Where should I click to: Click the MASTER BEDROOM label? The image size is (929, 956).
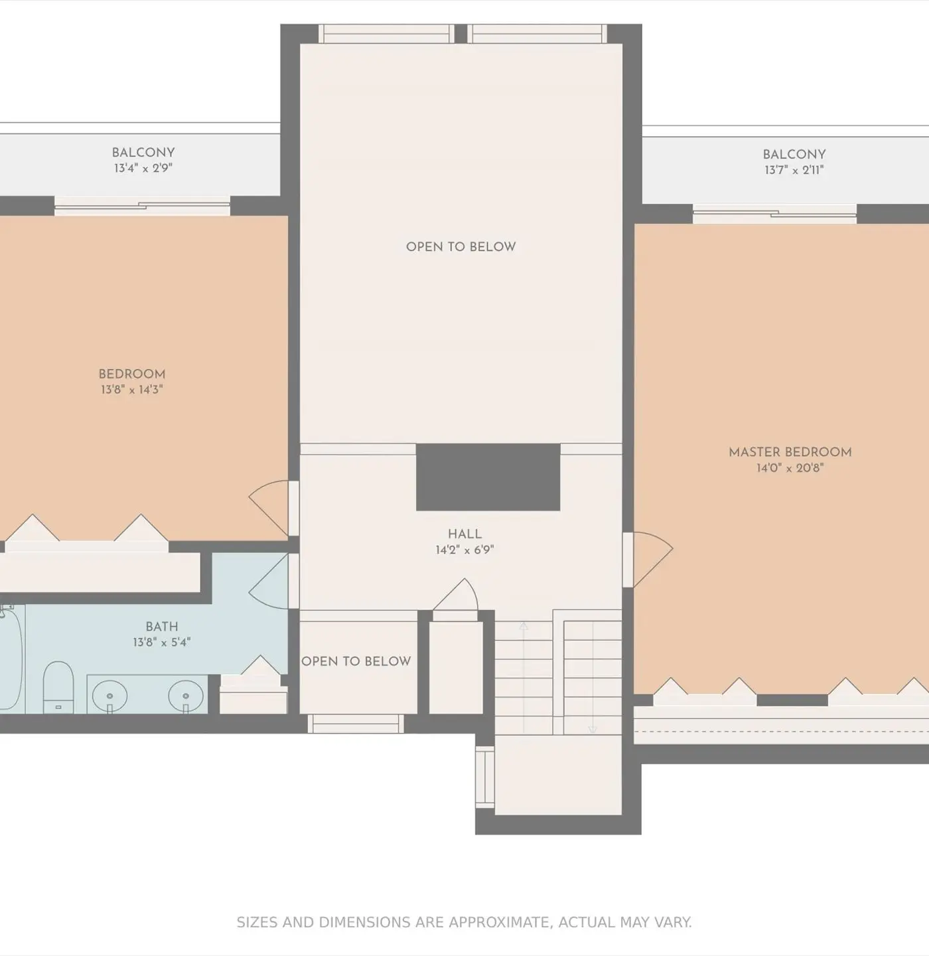790,452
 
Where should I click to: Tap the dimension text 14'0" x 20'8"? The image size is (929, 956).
790,467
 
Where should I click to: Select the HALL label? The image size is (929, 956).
464,534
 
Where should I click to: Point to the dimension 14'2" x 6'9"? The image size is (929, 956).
464,549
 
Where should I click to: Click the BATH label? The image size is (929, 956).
161,627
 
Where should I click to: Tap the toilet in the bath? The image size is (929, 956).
58,686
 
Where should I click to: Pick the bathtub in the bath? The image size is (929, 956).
11,659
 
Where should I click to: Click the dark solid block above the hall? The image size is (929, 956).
488,477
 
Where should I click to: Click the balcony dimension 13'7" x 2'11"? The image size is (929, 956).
794,170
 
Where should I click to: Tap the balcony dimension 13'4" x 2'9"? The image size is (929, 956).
143,168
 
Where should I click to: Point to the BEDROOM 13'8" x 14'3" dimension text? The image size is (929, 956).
131,390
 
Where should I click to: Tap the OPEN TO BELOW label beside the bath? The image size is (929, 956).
356,661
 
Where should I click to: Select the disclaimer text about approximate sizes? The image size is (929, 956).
464,923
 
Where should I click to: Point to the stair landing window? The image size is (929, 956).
484,777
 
